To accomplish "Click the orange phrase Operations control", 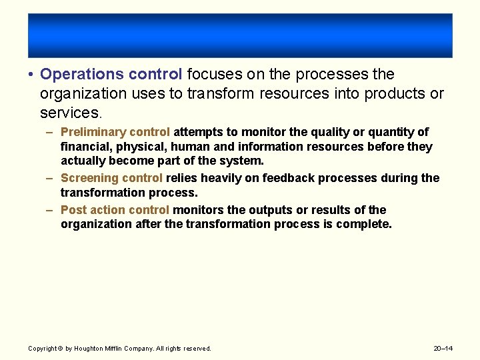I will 111,74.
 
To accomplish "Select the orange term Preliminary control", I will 115,132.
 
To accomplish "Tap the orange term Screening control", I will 111,178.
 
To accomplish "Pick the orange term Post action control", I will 115,210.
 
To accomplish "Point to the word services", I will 69,113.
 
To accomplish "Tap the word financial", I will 85,147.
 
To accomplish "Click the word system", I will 243,161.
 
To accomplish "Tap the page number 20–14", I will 443,349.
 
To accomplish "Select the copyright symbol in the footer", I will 60,349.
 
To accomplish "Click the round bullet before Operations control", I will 31,75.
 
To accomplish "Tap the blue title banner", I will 240,35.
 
